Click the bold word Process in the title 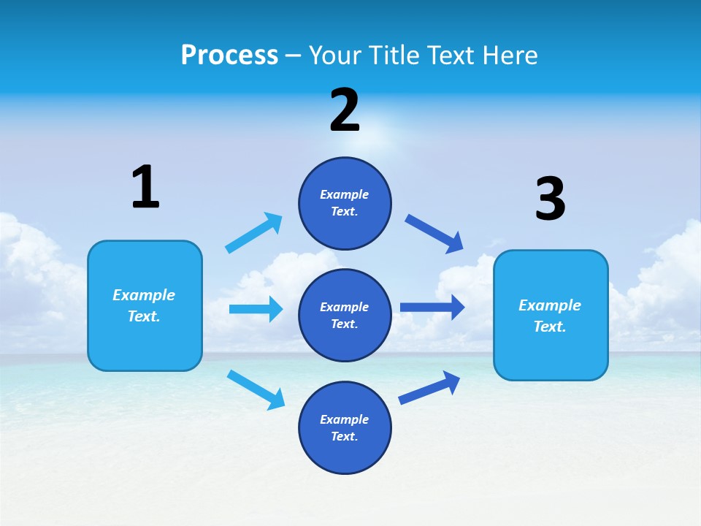229,55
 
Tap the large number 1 145,187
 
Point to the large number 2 345,110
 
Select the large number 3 550,199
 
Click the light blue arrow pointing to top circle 254,233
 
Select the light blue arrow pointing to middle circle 256,309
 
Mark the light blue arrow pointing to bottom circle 256,389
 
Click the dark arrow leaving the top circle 434,234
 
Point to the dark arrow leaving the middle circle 432,307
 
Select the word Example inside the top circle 345,194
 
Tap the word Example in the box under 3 550,305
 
